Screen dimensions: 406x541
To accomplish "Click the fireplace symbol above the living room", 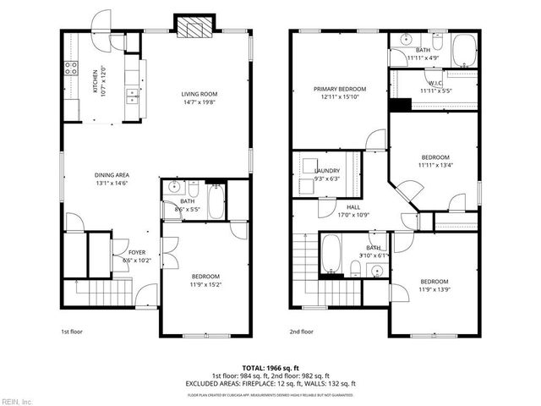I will [194, 27].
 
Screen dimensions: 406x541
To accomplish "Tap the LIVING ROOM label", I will [199, 94].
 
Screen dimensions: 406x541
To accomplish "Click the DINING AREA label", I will [112, 176].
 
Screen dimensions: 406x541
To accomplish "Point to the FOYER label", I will [136, 252].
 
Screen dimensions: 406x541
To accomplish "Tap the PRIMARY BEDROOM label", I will [340, 89].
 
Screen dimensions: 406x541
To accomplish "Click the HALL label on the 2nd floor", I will [352, 207].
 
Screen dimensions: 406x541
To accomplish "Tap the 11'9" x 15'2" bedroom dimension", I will [205, 284].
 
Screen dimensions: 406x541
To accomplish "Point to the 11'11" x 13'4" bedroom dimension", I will [435, 165].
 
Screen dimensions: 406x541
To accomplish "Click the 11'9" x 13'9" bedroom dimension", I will [434, 288].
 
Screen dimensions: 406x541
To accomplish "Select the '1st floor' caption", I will [73, 332].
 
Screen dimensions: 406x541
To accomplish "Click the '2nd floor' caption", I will [302, 332].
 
